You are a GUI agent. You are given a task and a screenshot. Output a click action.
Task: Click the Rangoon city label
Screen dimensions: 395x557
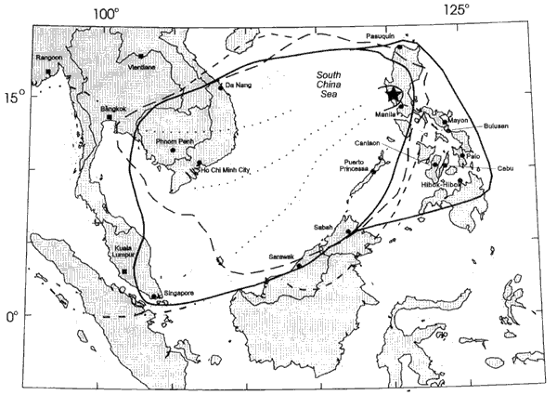[48, 58]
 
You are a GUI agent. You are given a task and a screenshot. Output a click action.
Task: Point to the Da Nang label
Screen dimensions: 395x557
[238, 86]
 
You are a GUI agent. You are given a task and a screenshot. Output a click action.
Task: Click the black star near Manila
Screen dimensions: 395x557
[394, 93]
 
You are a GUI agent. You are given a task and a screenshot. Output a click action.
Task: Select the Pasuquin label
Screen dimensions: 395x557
[382, 34]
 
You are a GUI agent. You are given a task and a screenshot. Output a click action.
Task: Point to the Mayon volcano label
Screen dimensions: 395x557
[458, 120]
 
